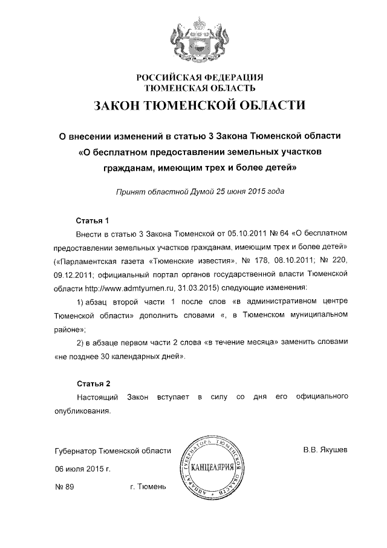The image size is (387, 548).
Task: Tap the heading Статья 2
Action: [93, 383]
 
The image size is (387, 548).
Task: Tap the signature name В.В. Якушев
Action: [325, 451]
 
